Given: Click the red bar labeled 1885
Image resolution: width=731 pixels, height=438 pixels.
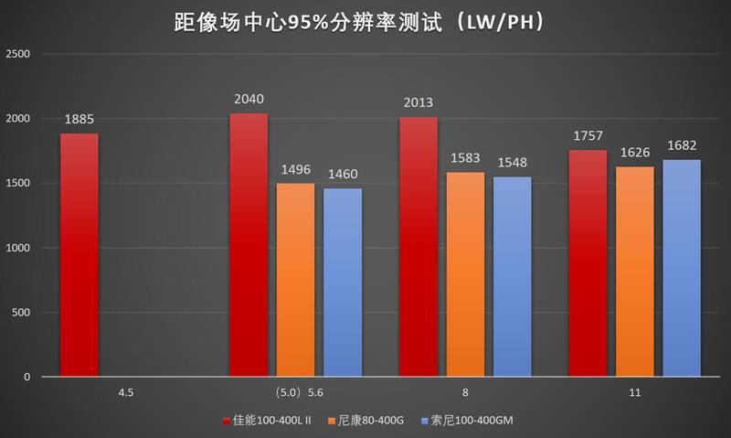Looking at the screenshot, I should [x=79, y=255].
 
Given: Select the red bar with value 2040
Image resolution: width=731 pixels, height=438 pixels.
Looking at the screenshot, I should [x=249, y=245].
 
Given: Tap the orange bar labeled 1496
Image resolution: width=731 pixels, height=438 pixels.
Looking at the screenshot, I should [x=295, y=280].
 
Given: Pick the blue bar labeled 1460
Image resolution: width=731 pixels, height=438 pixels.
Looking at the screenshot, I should [x=343, y=283].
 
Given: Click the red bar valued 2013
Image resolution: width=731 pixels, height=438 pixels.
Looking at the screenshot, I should [x=418, y=247].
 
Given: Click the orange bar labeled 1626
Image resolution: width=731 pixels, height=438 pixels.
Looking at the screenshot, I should [x=635, y=272].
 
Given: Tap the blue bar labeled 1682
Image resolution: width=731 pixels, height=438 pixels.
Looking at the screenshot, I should [x=682, y=268].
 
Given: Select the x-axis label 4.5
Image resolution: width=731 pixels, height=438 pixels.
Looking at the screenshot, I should [x=126, y=392].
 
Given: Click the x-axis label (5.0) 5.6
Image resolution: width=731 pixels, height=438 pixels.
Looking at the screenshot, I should [x=296, y=392].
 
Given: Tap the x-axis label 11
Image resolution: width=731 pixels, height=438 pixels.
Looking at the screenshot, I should [x=635, y=392].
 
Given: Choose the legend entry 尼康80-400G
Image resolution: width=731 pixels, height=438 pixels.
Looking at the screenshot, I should [x=376, y=421].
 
